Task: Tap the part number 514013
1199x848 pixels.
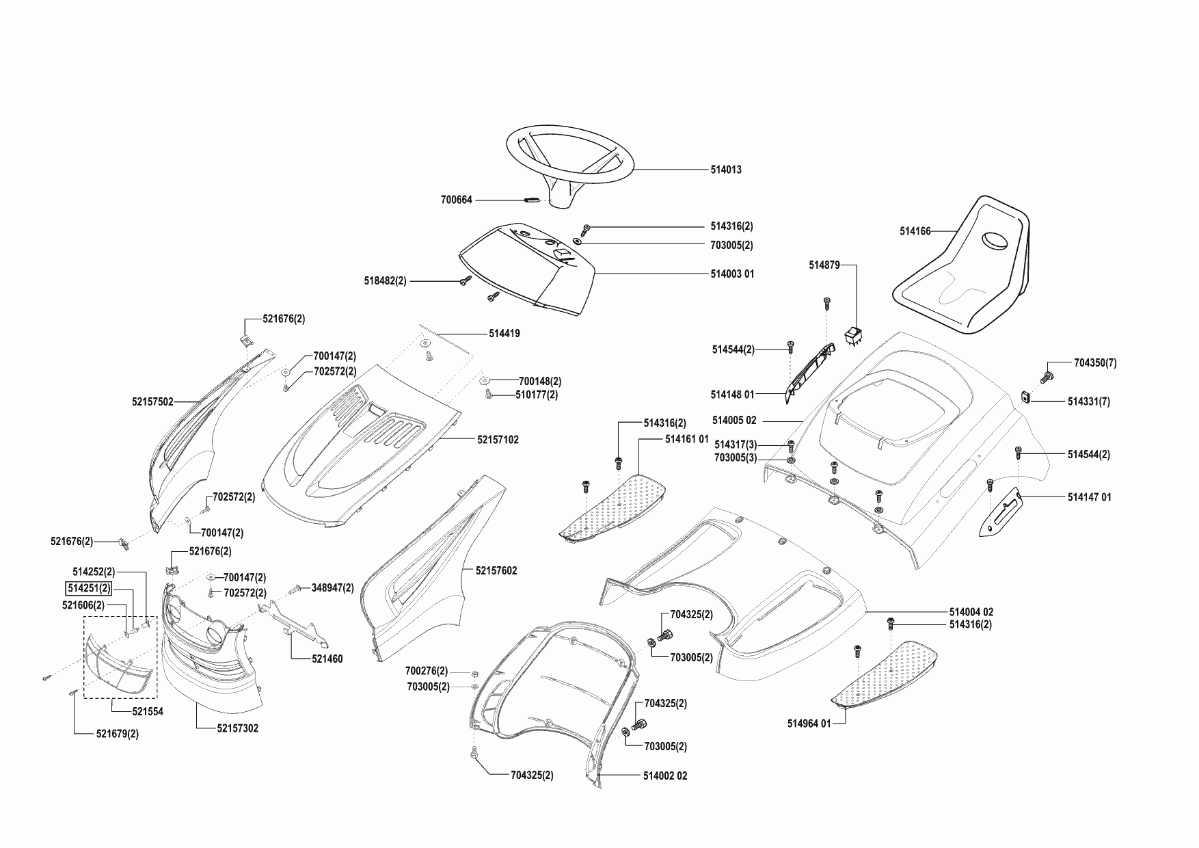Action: (x=725, y=170)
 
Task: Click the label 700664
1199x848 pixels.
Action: (x=456, y=200)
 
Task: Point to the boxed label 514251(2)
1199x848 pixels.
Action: (x=89, y=588)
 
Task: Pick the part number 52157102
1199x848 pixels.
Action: (x=498, y=440)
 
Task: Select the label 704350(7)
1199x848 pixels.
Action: (x=1095, y=363)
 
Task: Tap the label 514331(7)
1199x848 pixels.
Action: (x=1088, y=402)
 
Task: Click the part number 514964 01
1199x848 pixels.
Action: (x=809, y=724)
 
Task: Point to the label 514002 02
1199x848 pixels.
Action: (x=665, y=776)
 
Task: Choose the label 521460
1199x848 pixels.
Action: (x=327, y=659)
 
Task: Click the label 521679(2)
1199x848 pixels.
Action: (x=117, y=734)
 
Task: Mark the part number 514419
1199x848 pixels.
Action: (x=504, y=334)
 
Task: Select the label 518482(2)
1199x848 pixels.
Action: (x=385, y=281)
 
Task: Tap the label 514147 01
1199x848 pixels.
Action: (x=1089, y=497)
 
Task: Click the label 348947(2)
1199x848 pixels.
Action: (x=333, y=587)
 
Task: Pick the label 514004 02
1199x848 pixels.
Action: (x=971, y=612)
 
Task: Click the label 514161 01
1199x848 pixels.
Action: (x=686, y=439)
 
